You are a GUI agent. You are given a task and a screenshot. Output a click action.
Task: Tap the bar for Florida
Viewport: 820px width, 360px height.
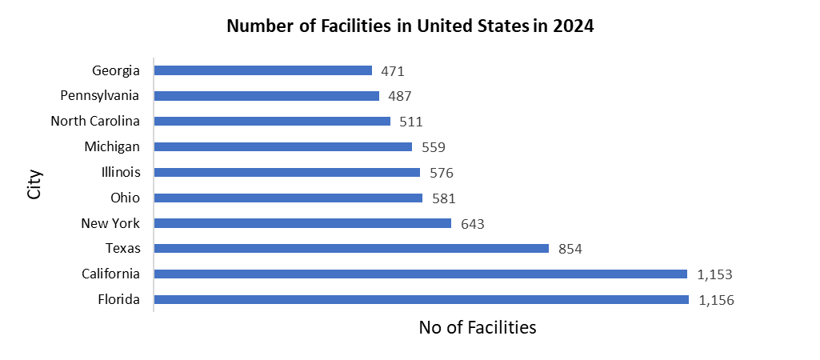click(421, 300)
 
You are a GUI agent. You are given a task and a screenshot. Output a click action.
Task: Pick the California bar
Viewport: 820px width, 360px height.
click(420, 274)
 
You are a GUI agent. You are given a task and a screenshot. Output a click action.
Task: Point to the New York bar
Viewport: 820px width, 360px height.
click(302, 223)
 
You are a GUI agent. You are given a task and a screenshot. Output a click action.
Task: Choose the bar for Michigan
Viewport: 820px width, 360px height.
click(282, 147)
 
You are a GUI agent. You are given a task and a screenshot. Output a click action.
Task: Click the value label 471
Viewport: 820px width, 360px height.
click(392, 71)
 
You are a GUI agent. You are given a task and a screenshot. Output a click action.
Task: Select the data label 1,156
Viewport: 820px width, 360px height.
click(716, 301)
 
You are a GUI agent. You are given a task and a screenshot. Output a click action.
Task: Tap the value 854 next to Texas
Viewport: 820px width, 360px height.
click(570, 250)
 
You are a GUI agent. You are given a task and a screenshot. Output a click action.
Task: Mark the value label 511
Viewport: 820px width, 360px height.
click(410, 122)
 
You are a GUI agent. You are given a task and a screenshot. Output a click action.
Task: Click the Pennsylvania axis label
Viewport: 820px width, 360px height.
click(100, 96)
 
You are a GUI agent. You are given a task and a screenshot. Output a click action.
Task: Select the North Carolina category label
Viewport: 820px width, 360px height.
click(95, 122)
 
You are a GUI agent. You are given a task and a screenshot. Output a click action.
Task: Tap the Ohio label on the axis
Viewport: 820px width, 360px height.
click(125, 198)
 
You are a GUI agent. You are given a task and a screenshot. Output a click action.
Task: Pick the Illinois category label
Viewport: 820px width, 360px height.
click(121, 172)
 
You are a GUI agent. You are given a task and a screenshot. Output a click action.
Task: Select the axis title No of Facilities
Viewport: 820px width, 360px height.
click(477, 327)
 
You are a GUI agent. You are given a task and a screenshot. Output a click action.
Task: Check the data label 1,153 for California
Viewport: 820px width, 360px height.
click(715, 275)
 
